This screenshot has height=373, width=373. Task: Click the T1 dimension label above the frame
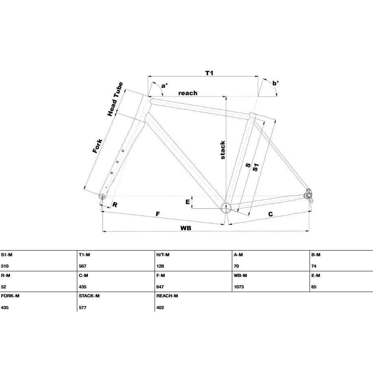point(209,73)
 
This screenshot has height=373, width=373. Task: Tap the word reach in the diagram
point(188,93)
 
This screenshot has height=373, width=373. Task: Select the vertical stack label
point(222,150)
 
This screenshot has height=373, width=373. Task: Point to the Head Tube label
point(115,99)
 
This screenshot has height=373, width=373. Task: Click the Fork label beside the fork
point(98,146)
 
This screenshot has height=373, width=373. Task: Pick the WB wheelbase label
point(185,228)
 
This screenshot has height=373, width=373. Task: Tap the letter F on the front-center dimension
point(158,214)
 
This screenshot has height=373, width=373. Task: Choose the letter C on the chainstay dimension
point(270,214)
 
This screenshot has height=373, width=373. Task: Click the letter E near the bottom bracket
point(188,202)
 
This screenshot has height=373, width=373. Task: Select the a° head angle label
point(164,85)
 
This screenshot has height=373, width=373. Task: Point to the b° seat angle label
point(276,83)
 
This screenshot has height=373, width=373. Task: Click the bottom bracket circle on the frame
point(226,208)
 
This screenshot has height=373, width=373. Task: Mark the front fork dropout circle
point(102,196)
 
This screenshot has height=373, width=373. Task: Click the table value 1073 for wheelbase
point(239,287)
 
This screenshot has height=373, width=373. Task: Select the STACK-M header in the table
point(89,296)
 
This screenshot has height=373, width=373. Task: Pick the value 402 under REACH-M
point(160,308)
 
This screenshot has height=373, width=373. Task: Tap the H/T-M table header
point(163,255)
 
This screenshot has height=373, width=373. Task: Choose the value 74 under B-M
point(314,266)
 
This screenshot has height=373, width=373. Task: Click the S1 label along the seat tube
point(255,168)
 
